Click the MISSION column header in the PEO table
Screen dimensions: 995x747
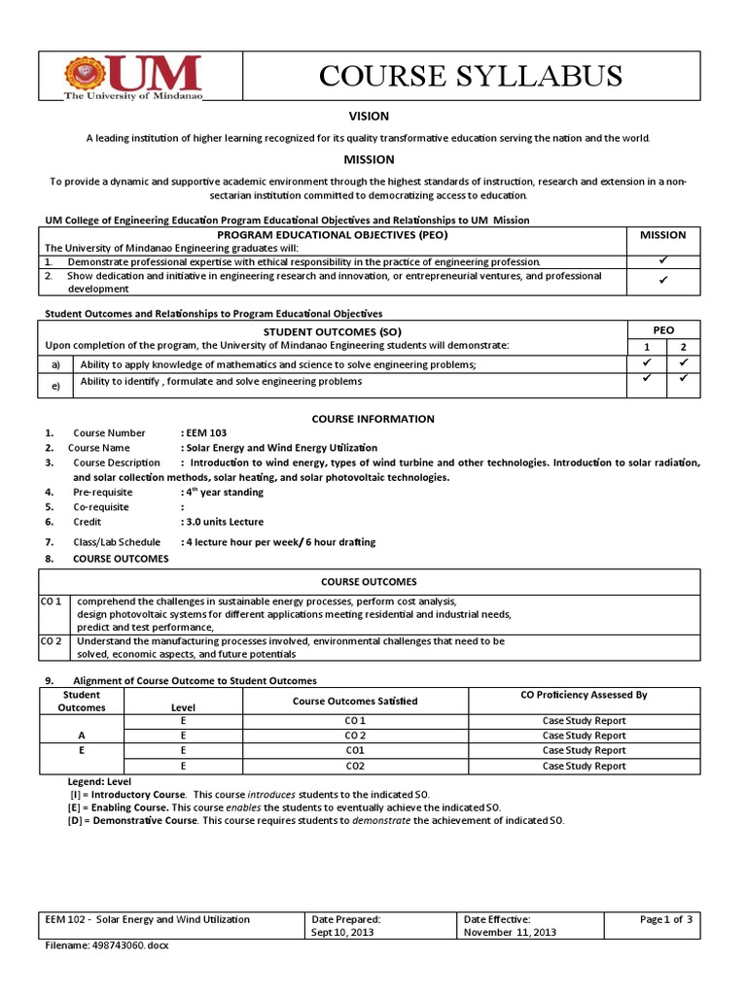pyautogui.click(x=662, y=234)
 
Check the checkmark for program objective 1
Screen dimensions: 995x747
pyautogui.click(x=662, y=261)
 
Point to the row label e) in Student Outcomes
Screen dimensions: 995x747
pyautogui.click(x=56, y=387)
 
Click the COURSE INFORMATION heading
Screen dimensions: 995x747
pyautogui.click(x=373, y=419)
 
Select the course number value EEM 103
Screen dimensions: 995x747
pyautogui.click(x=206, y=432)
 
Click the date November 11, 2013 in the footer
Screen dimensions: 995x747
pyautogui.click(x=510, y=932)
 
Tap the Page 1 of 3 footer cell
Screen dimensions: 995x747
pyautogui.click(x=665, y=919)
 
